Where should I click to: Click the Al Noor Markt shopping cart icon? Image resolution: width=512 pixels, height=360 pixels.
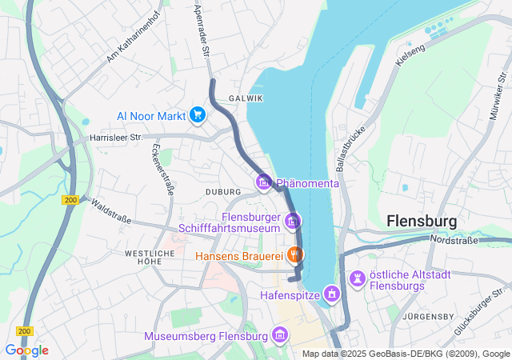coord(198,116)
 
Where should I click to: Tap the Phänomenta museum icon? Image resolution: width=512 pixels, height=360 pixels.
coord(263,183)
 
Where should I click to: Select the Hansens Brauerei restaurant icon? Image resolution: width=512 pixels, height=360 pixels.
coord(294,256)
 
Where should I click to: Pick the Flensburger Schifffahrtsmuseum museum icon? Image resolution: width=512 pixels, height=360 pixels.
coord(293,220)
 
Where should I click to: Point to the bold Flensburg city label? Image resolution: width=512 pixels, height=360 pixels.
coord(421,220)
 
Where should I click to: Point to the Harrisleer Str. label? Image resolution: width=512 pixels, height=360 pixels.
coord(115,138)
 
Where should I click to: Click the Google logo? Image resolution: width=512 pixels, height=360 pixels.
coord(26,350)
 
